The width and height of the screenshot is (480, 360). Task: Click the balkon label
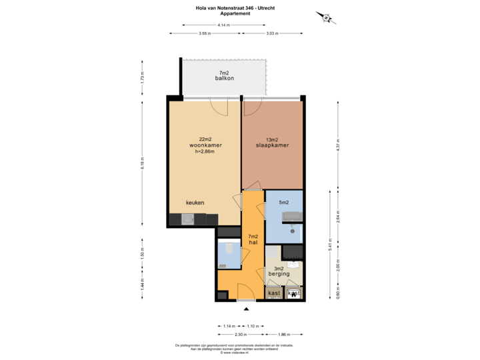(x=225, y=79)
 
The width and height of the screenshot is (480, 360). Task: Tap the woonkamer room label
(x=205, y=145)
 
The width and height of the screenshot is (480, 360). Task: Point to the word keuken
(x=195, y=203)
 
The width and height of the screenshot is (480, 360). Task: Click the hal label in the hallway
(x=253, y=243)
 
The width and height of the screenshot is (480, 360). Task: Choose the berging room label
(x=279, y=273)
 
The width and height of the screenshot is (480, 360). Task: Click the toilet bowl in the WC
(x=228, y=249)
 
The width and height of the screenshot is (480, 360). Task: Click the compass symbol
(x=326, y=18)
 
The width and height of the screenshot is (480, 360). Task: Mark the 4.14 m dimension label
(x=223, y=25)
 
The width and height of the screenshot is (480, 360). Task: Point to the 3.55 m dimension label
(x=205, y=33)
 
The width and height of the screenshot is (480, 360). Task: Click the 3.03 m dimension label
(x=272, y=33)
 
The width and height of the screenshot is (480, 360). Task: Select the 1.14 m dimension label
(x=229, y=325)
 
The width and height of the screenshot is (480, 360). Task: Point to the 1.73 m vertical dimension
(x=142, y=77)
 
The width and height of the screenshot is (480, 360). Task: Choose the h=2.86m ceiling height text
(x=205, y=151)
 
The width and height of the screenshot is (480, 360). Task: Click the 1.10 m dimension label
(x=253, y=325)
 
